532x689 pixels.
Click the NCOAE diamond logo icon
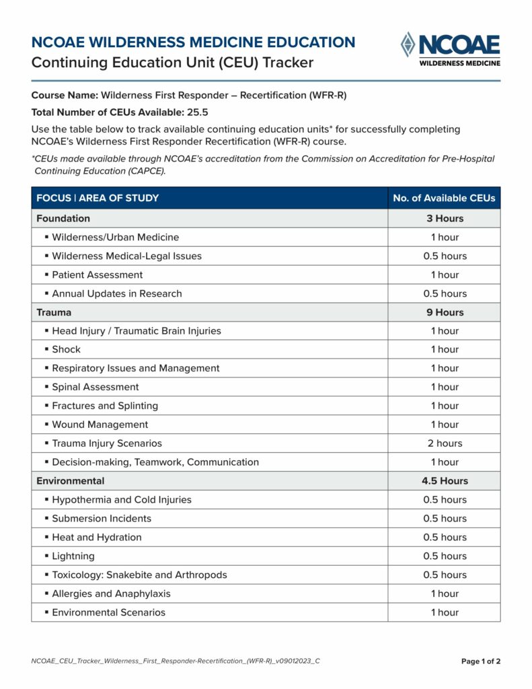click(408, 44)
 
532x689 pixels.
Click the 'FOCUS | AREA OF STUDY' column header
click(98, 198)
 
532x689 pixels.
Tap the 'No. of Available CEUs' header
click(444, 198)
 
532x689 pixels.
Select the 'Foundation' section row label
click(63, 218)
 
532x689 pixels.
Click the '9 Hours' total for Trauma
click(445, 312)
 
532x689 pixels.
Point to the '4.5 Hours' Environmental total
click(445, 481)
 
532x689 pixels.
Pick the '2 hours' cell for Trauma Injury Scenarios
click(445, 443)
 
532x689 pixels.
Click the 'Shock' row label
click(66, 349)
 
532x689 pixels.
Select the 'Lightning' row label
click(73, 556)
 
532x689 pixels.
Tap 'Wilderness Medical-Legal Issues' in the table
click(126, 256)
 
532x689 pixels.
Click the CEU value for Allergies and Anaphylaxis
click(445, 593)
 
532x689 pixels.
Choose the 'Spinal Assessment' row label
click(96, 387)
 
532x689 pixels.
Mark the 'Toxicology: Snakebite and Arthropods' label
click(139, 575)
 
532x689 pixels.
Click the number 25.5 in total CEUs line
click(197, 112)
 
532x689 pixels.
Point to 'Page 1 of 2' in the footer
click(480, 661)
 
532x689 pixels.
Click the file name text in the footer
click(176, 661)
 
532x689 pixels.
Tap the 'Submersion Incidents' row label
click(102, 518)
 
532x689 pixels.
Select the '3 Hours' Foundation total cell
click(445, 218)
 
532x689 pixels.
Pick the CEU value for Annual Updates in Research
click(445, 293)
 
